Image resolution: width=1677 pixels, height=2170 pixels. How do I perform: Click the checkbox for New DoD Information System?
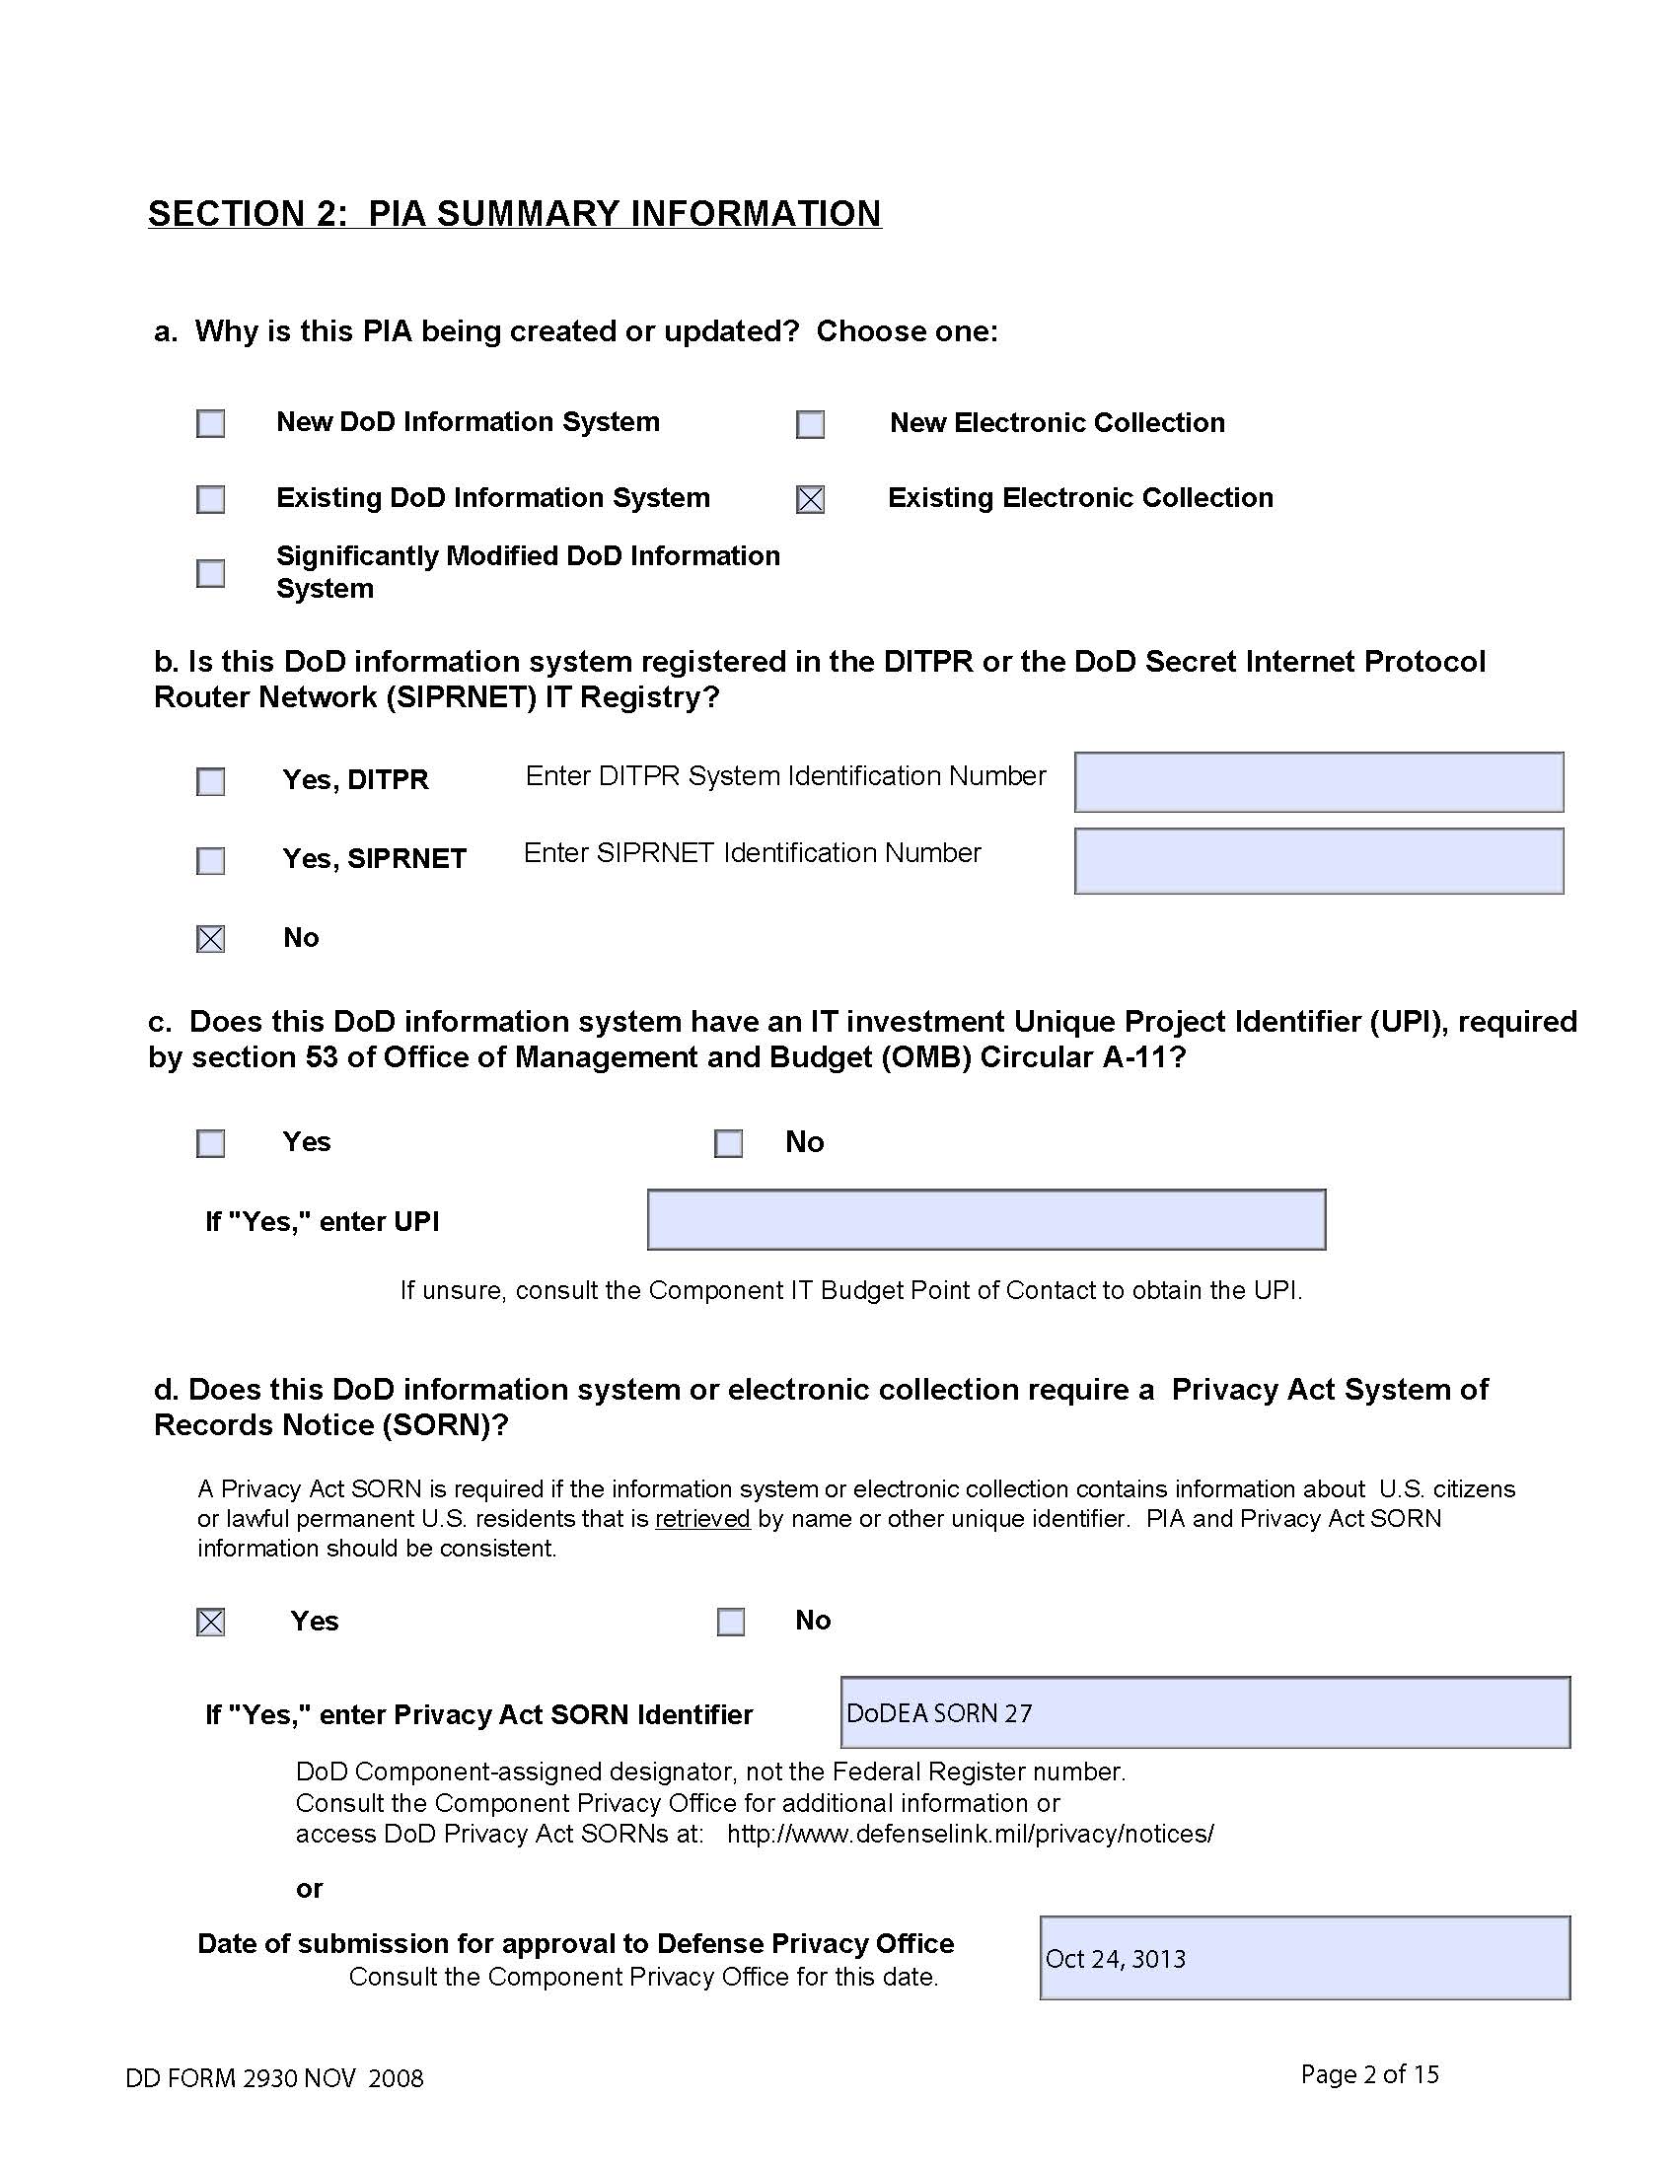[x=211, y=423]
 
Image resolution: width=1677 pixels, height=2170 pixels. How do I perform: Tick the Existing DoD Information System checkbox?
[x=211, y=499]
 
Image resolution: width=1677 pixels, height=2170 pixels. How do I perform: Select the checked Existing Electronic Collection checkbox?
[x=811, y=500]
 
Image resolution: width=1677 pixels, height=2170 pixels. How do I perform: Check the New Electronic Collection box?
[x=811, y=424]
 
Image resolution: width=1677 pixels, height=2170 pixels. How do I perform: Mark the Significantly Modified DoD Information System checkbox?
[x=211, y=573]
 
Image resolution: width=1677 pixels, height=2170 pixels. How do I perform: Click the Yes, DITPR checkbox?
[x=211, y=782]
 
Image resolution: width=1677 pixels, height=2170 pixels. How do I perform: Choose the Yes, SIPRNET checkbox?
[x=211, y=860]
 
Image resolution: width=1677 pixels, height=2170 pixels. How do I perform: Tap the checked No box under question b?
[x=211, y=939]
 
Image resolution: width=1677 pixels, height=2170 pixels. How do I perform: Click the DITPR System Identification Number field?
[x=1318, y=783]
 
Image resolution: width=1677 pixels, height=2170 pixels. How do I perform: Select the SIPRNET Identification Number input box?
[x=1318, y=861]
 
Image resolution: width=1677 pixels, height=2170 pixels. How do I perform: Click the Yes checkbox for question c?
[x=211, y=1143]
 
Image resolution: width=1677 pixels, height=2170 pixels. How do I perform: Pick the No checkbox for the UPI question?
[x=728, y=1143]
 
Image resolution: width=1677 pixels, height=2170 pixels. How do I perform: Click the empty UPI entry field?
[x=985, y=1220]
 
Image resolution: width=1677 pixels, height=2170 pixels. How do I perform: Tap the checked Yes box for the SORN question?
[x=211, y=1623]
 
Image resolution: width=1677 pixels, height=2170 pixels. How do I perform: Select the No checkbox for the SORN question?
[x=731, y=1623]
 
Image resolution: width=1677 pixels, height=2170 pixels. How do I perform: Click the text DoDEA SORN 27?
[x=939, y=1714]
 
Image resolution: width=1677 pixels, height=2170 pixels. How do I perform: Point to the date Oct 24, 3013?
[x=1115, y=1959]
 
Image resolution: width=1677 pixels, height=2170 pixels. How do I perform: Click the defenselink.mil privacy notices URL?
[x=970, y=1835]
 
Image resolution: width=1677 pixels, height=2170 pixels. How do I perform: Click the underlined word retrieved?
[x=702, y=1519]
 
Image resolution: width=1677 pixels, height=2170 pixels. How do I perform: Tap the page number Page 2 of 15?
[x=1369, y=2074]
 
